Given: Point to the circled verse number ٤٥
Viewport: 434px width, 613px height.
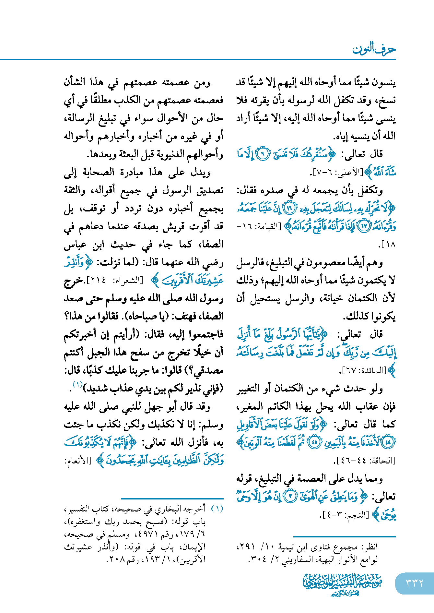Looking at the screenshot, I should pyautogui.click(x=314, y=442).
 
